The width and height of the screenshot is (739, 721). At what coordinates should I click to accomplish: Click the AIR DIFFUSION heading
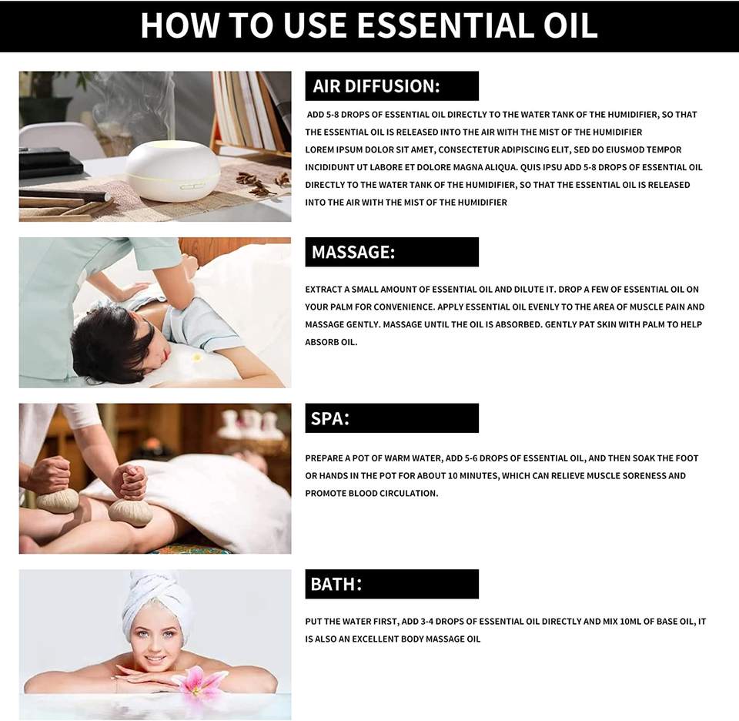(376, 86)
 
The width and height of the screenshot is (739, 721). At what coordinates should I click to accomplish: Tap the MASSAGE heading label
(353, 253)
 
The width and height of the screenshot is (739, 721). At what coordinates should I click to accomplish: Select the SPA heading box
(392, 418)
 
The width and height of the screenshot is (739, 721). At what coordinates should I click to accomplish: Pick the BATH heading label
(336, 584)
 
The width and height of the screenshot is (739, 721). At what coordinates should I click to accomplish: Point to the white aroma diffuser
(172, 171)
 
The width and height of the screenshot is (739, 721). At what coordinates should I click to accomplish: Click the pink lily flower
(200, 680)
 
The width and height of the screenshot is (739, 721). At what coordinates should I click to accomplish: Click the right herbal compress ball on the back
(130, 511)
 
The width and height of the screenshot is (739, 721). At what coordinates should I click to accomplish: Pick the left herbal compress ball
(58, 501)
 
